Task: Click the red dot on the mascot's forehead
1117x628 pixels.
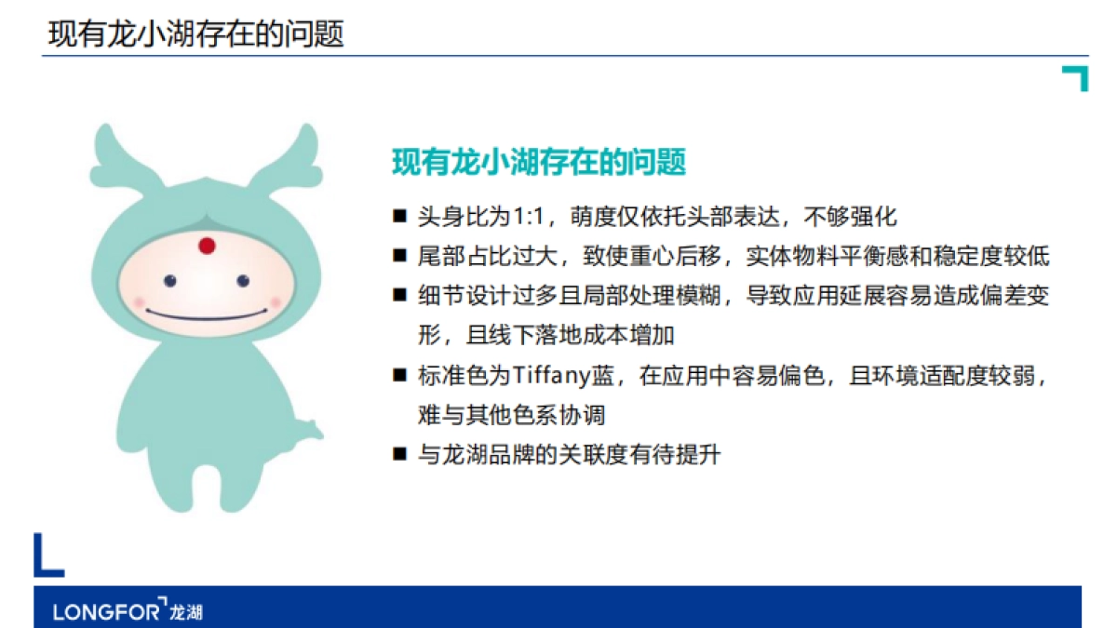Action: pyautogui.click(x=207, y=247)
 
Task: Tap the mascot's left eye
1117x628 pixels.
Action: pyautogui.click(x=170, y=280)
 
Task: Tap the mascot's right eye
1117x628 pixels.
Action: pyautogui.click(x=243, y=280)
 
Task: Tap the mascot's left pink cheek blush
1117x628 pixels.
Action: pyautogui.click(x=140, y=301)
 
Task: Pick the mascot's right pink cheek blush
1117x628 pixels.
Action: pyautogui.click(x=274, y=301)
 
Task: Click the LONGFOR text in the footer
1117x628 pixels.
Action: pyautogui.click(x=107, y=611)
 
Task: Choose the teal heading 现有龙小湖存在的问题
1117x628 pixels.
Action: pyautogui.click(x=539, y=162)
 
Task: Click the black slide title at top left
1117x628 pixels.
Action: pyautogui.click(x=195, y=34)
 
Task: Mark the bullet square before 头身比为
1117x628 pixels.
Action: pyautogui.click(x=400, y=218)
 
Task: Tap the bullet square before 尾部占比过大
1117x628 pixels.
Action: pyautogui.click(x=400, y=256)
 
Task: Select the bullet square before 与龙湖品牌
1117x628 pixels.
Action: pyautogui.click(x=400, y=455)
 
